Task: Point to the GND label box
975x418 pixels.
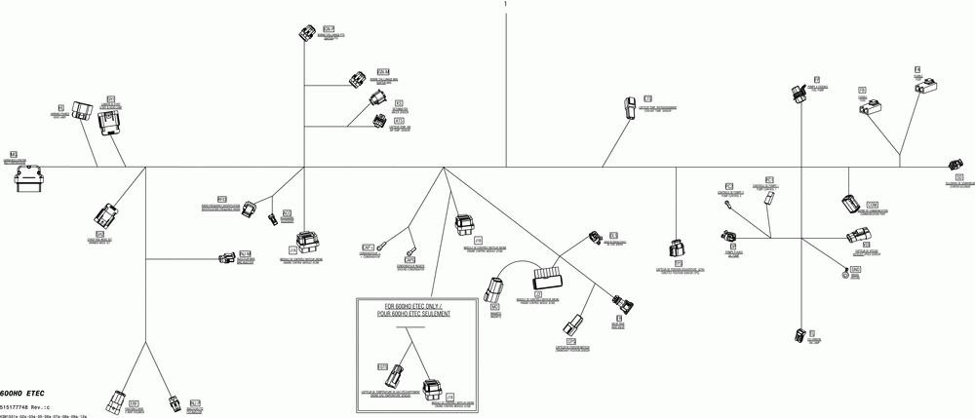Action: (856, 269)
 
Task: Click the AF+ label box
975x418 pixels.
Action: (368, 247)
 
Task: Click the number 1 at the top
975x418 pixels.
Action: (505, 5)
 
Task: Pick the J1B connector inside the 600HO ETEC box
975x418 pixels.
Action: (430, 387)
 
